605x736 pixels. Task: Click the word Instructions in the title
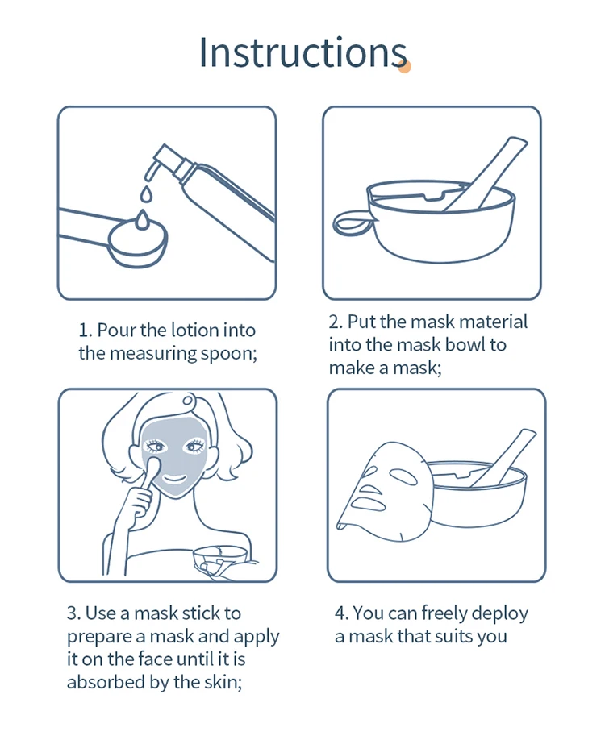(x=302, y=52)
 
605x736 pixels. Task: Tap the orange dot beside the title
(x=404, y=67)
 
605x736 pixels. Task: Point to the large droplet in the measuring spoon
(x=141, y=220)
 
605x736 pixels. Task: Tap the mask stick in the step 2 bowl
(x=484, y=173)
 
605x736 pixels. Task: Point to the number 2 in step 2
(x=334, y=322)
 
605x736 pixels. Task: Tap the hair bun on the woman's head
(x=189, y=400)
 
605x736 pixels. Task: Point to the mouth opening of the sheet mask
(x=369, y=504)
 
